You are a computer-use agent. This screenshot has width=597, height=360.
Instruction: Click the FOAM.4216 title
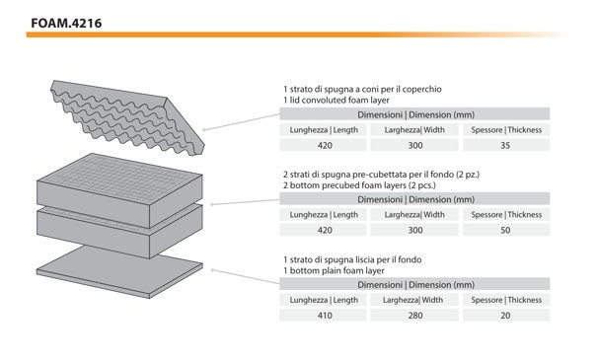point(66,24)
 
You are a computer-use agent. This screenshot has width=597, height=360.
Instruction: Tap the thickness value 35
point(505,145)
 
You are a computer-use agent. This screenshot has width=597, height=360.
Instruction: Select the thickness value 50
point(505,230)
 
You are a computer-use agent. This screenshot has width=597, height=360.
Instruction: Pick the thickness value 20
point(505,316)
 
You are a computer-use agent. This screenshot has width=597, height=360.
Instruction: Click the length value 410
point(325,316)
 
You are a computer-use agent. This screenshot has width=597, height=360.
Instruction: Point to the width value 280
point(415,316)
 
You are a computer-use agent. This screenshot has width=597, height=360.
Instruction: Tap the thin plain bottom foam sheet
point(119,272)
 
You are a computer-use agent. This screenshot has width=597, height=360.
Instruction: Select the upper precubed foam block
point(119,190)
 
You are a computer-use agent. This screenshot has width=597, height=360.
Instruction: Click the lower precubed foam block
point(119,233)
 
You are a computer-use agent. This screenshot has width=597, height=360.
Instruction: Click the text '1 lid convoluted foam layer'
point(336,100)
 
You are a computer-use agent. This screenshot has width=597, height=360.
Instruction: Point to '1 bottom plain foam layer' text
point(334,270)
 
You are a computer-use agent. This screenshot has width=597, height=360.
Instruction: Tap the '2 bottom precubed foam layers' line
point(359,185)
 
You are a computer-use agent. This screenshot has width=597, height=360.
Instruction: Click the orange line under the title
point(297,35)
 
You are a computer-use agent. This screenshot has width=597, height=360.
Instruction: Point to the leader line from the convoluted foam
point(242,121)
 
